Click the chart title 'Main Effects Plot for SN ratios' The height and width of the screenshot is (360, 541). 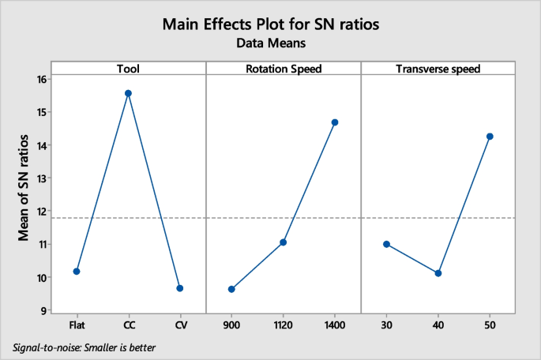(271, 24)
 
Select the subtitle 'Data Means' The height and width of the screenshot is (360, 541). (271, 44)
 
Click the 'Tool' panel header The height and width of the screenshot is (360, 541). (128, 69)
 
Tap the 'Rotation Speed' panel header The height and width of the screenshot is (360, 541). (283, 69)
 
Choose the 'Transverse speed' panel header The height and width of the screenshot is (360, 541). (438, 69)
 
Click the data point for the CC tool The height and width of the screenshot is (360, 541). (128, 93)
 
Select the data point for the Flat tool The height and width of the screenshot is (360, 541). (77, 271)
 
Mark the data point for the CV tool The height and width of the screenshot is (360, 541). (180, 288)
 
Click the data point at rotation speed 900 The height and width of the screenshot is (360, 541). (231, 289)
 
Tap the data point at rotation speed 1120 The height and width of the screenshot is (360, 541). (283, 242)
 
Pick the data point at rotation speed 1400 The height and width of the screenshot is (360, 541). (335, 122)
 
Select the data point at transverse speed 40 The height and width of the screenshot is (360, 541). (438, 273)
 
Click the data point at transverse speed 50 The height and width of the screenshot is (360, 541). (490, 137)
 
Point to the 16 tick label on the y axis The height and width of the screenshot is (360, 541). (41, 79)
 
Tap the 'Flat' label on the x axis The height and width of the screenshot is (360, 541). (77, 324)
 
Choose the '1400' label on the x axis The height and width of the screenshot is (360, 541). (335, 324)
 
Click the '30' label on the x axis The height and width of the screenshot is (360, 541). (386, 324)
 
